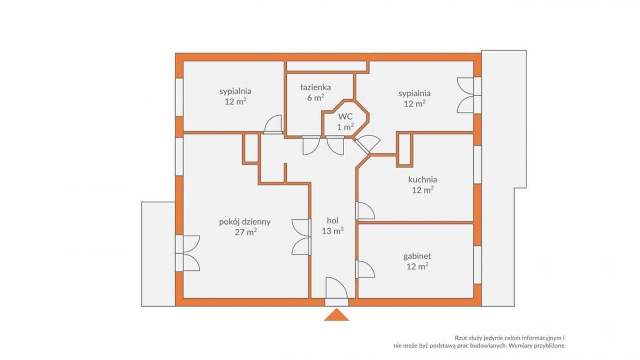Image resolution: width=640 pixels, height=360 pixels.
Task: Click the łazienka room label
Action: [x=315, y=87]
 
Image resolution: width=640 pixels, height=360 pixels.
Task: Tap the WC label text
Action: [x=346, y=116]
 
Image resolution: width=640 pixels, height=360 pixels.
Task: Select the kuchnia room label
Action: [x=422, y=180]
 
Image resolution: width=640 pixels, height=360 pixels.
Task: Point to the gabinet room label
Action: [x=417, y=257]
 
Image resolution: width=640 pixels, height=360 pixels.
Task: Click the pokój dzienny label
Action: [x=245, y=222]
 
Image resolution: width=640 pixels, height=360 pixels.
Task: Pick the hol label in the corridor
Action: [x=333, y=220]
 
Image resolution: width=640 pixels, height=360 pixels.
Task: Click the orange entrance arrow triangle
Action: [x=337, y=315]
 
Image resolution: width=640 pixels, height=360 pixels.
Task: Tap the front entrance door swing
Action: [x=337, y=289]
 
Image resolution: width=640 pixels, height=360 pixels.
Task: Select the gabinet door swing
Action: [x=366, y=269]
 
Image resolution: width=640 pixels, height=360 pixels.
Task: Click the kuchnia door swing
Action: [x=366, y=211]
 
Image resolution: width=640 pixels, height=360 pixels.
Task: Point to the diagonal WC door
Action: [x=367, y=144]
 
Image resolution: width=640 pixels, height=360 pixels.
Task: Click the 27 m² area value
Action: [x=245, y=231]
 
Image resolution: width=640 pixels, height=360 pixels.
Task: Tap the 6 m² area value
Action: [x=315, y=98]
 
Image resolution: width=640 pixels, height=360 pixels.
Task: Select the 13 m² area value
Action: [x=333, y=230]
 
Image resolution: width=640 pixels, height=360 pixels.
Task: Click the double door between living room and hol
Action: [x=301, y=237]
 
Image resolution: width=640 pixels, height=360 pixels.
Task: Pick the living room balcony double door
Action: [x=187, y=253]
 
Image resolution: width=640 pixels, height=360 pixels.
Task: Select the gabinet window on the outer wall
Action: [x=477, y=265]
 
